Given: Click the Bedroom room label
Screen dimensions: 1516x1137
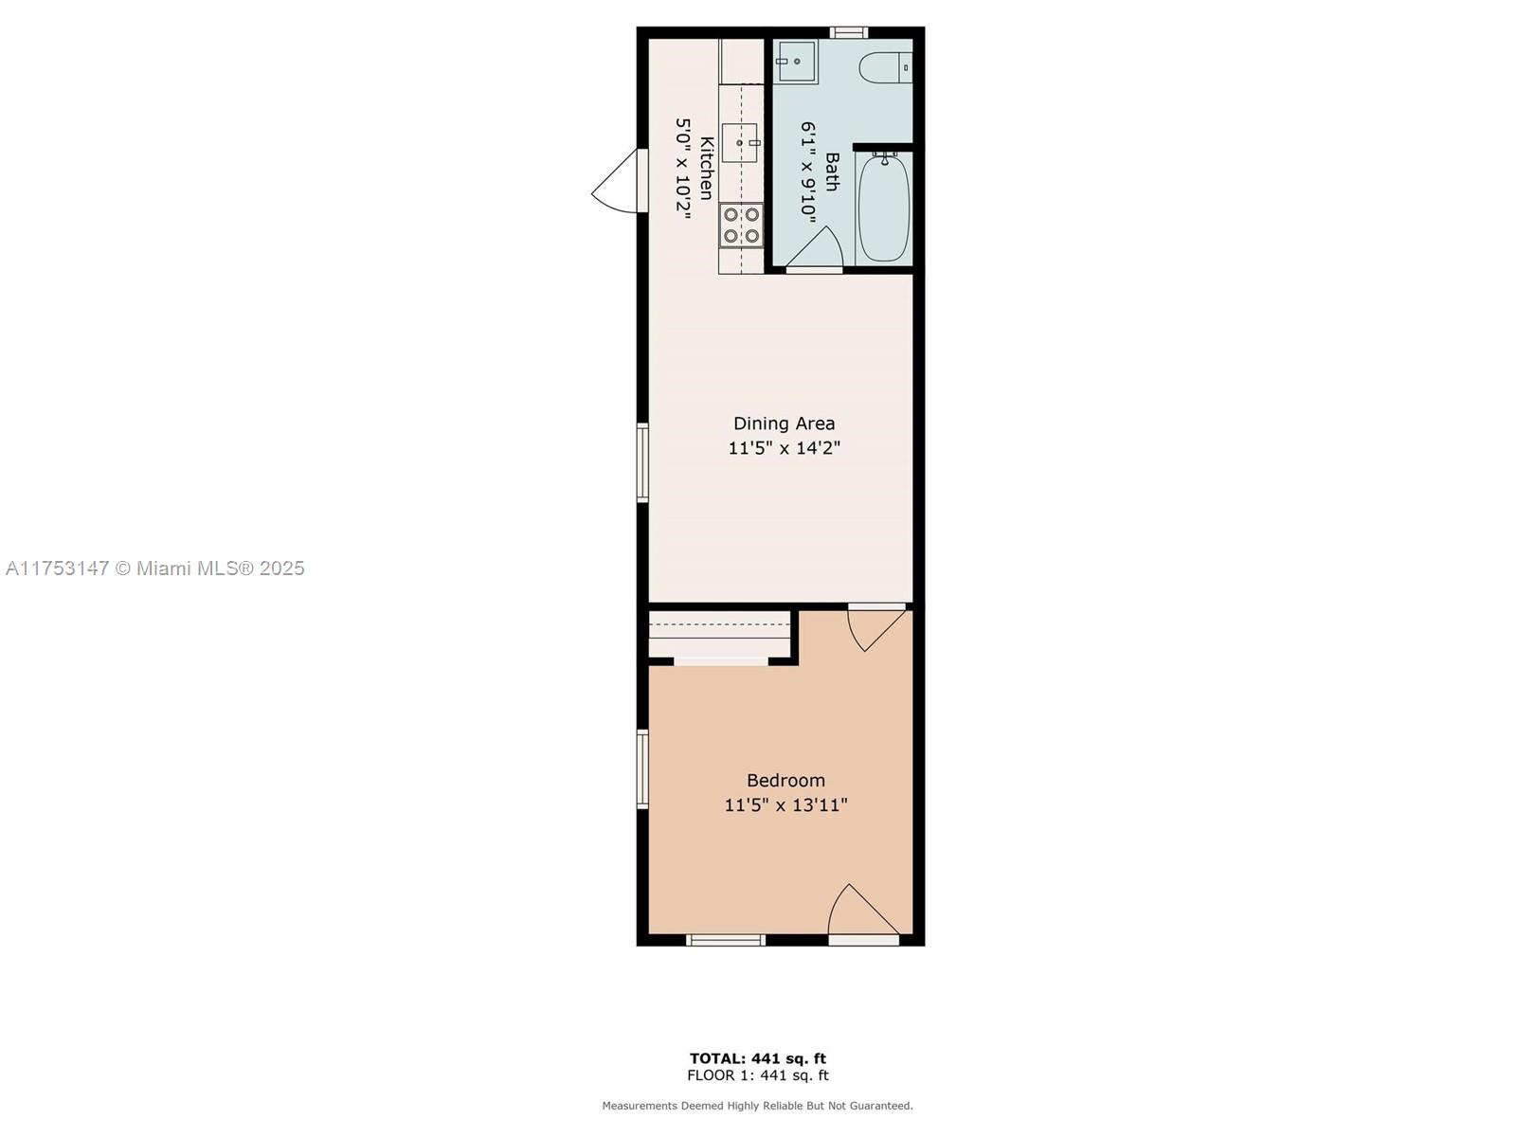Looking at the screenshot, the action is click(785, 780).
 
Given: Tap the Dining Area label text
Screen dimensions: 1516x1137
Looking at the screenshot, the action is click(784, 424).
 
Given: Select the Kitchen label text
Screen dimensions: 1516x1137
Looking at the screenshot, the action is click(706, 168).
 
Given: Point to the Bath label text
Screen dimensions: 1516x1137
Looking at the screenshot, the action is click(832, 171).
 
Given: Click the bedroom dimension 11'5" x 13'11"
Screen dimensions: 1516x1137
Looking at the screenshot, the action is click(785, 805).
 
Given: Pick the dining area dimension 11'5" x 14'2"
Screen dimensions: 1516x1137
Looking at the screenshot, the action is click(784, 448).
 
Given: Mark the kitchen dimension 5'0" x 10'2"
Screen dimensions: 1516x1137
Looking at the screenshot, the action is click(682, 169).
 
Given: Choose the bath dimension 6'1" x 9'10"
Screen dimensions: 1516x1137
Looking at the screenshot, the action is click(809, 171).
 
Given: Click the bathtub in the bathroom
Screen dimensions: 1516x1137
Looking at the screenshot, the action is click(883, 208).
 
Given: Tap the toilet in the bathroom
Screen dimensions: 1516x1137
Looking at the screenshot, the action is click(885, 67).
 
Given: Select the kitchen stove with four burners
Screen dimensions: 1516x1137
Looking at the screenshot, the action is click(741, 226).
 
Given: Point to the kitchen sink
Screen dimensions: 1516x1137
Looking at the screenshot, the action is click(740, 143).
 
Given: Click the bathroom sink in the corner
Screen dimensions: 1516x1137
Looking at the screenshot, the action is click(795, 62).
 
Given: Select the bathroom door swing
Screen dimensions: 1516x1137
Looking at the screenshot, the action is click(815, 246).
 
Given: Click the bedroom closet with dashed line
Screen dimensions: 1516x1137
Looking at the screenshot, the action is click(720, 635).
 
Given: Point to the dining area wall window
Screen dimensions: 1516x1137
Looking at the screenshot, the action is click(642, 462).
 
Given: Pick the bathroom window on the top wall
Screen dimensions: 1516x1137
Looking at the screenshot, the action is click(849, 32).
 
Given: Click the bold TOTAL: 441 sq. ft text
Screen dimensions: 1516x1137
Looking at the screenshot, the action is click(758, 1058).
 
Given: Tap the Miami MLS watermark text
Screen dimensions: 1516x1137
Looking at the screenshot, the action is click(155, 568).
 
